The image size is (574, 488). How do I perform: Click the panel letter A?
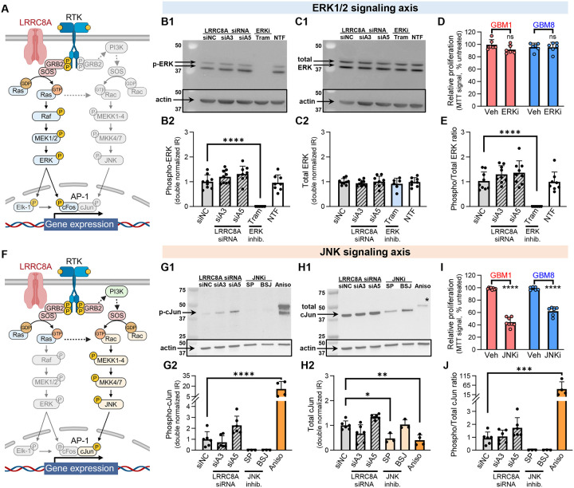coord(7,10)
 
